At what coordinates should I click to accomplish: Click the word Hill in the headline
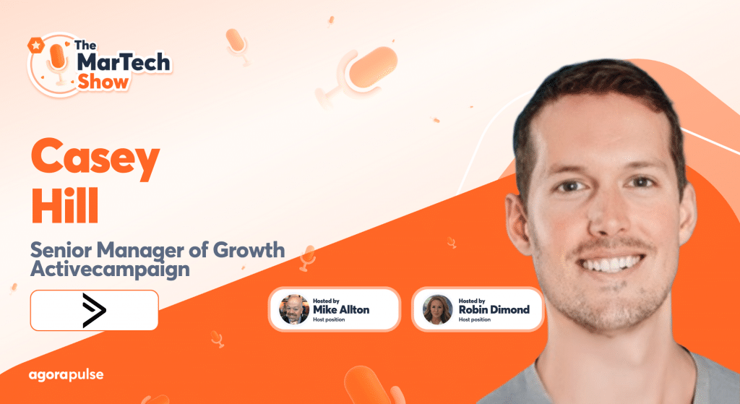tap(65, 206)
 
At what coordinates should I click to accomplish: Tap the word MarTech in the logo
tap(123, 62)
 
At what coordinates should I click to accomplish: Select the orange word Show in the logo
tap(103, 82)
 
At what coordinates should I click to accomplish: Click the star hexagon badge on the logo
tap(36, 46)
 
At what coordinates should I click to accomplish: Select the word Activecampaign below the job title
tap(110, 269)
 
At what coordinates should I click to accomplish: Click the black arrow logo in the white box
tap(95, 310)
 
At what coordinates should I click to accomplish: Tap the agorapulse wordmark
tap(66, 375)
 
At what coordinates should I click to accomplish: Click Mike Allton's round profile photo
tap(294, 309)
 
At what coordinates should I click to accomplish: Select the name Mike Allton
tap(341, 309)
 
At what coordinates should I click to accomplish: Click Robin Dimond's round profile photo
tap(437, 309)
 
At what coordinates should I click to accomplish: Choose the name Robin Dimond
tap(494, 309)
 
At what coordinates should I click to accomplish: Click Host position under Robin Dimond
tap(475, 319)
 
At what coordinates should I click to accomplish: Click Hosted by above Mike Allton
tap(326, 301)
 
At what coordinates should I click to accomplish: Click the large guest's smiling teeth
tap(611, 262)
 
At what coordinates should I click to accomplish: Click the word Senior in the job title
tap(61, 249)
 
